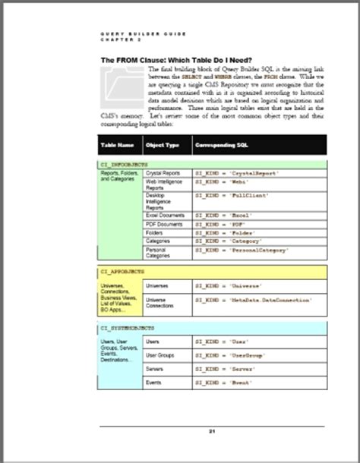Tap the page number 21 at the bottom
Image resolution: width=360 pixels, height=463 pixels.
213,430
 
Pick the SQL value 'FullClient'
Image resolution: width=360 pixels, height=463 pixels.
245,196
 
